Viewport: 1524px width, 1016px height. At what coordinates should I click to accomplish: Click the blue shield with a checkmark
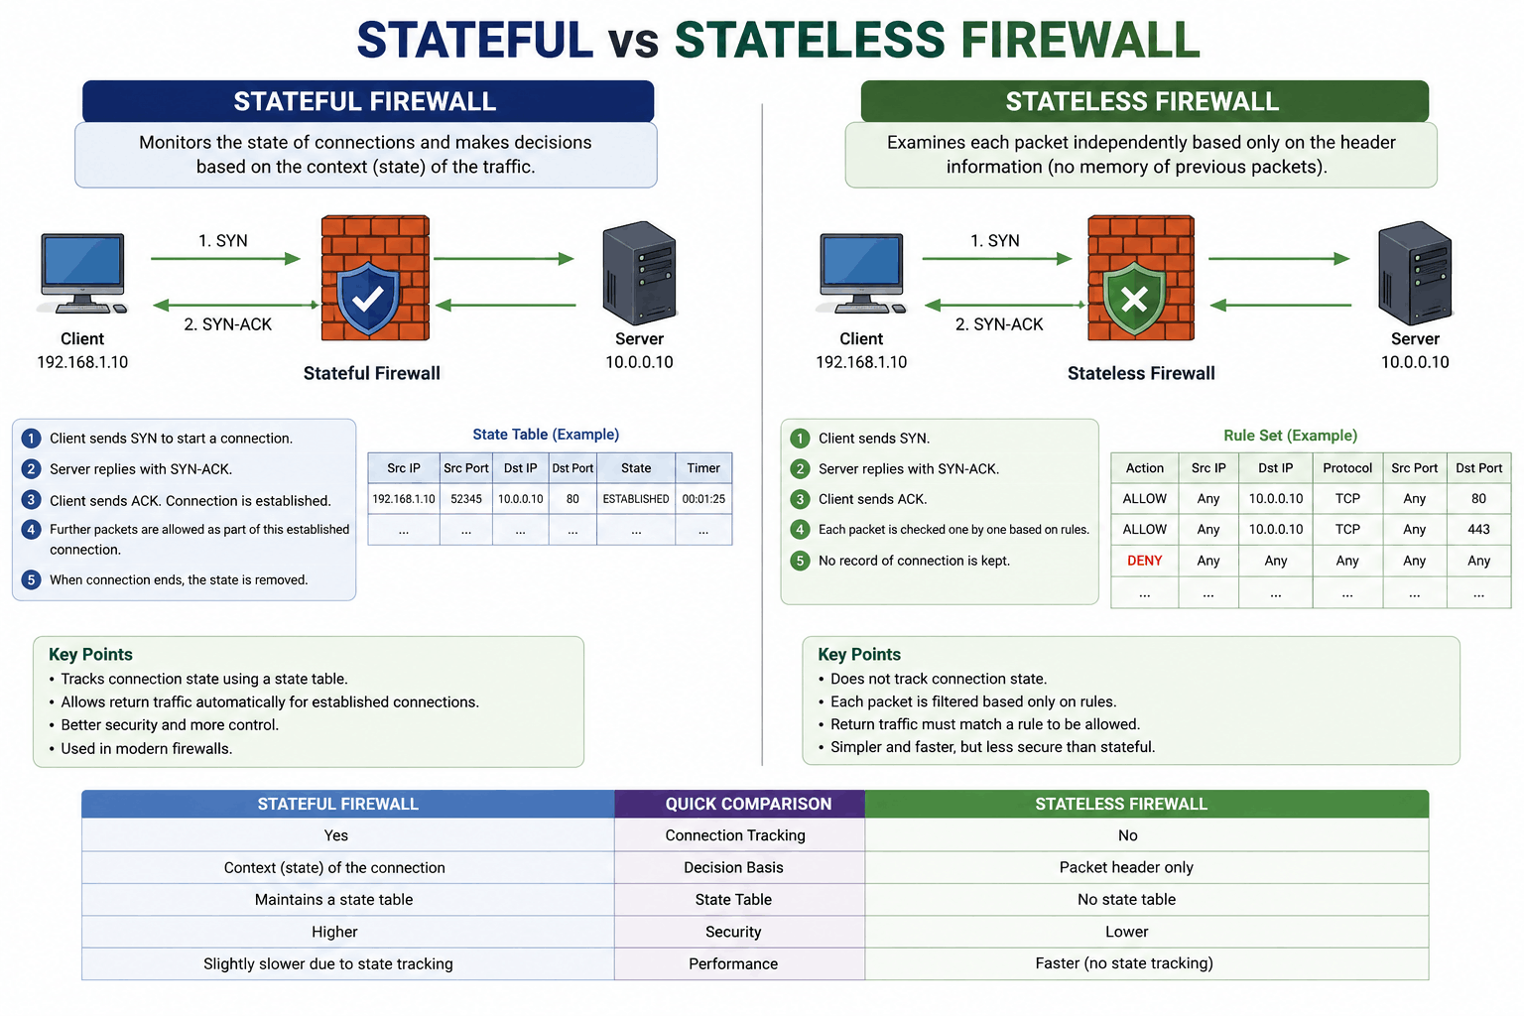[368, 298]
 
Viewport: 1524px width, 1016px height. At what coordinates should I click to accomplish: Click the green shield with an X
[1134, 299]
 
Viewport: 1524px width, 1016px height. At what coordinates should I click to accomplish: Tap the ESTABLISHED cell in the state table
[635, 499]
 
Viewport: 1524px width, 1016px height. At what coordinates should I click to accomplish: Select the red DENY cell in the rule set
[1144, 561]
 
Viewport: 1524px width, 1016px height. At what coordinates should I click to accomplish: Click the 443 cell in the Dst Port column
[1478, 530]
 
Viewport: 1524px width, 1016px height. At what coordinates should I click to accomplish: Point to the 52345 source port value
[466, 499]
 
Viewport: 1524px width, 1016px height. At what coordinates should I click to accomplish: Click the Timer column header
[703, 468]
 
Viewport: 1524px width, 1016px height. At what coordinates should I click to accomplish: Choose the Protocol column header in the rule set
[1347, 468]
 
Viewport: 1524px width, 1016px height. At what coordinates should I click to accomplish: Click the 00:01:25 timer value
[703, 499]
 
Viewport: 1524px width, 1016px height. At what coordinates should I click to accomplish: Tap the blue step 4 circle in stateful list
[31, 530]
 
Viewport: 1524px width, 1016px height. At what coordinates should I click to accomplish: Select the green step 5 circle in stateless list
[800, 561]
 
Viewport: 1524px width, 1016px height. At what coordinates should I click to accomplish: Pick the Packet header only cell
[1126, 867]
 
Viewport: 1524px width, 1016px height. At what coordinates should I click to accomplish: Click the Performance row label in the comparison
[733, 963]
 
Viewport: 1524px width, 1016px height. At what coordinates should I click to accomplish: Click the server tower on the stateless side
[1415, 273]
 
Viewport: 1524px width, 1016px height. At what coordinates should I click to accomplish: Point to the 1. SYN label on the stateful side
[223, 241]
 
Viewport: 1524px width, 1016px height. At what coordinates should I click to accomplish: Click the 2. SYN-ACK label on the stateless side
[999, 324]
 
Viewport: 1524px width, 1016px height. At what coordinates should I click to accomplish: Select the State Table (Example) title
[546, 435]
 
